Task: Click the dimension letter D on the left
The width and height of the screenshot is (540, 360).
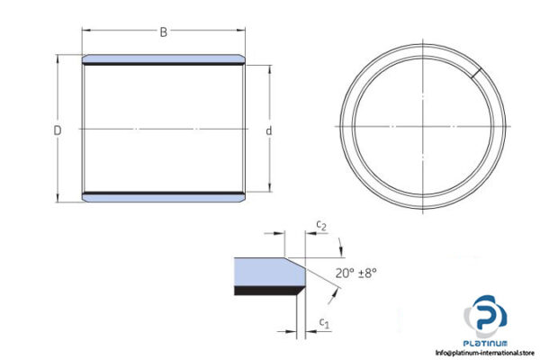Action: pyautogui.click(x=57, y=130)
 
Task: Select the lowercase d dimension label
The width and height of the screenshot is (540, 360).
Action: pyautogui.click(x=269, y=131)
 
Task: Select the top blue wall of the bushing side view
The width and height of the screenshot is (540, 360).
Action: pyautogui.click(x=163, y=58)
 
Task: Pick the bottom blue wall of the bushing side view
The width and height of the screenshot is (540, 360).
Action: pyautogui.click(x=163, y=196)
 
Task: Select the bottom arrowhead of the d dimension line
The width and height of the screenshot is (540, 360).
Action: pyautogui.click(x=269, y=189)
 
